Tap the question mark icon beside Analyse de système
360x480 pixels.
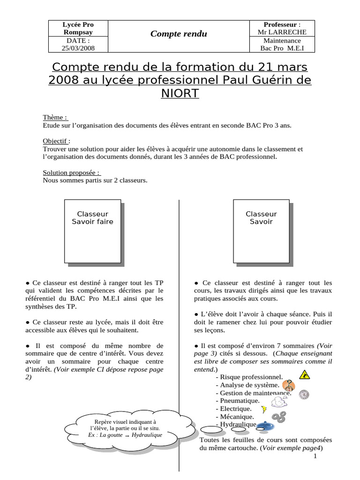pos(289,385)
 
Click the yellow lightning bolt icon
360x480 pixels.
pos(264,409)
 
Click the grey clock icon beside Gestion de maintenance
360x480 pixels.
pos(304,394)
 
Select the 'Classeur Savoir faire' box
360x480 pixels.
pos(92,231)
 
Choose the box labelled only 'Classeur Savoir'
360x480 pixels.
pos(261,231)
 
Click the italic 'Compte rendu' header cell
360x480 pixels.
pos(178,34)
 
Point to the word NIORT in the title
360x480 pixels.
pos(180,94)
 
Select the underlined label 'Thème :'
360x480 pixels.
pos(55,118)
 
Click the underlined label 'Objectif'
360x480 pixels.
pos(56,141)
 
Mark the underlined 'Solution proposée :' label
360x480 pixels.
pos(72,172)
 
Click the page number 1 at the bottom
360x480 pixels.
pos(315,456)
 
